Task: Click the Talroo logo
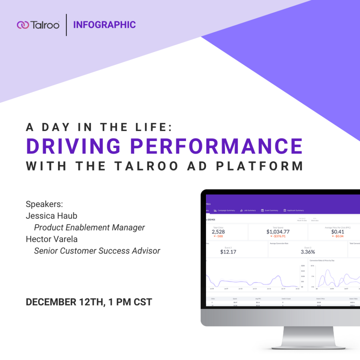coord(38,25)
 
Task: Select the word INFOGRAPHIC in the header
coord(104,25)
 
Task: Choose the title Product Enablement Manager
coord(89,227)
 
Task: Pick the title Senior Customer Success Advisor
coord(97,251)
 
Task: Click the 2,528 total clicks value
coord(218,232)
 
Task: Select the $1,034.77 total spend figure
coord(278,232)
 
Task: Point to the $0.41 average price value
coord(337,232)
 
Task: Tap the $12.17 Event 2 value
coord(228,252)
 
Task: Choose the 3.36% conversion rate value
coord(308,252)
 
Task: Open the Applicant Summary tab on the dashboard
coord(294,211)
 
